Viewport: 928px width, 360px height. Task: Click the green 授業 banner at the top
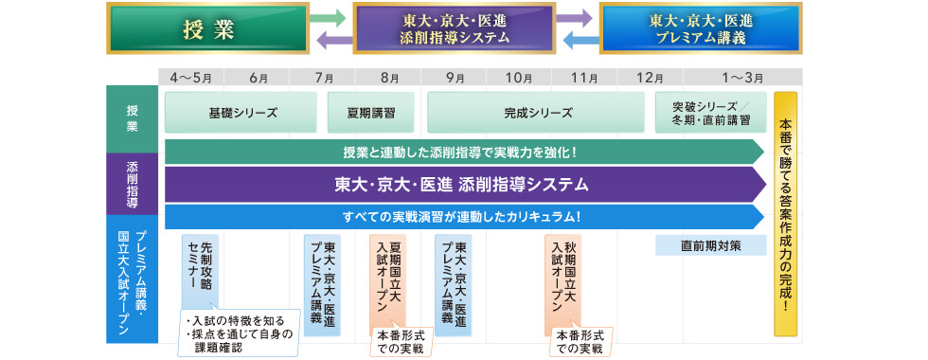click(x=207, y=27)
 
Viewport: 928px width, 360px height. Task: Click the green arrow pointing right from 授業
click(x=327, y=17)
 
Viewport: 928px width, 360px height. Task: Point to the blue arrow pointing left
click(x=580, y=39)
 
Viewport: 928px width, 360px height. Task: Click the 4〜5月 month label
click(x=191, y=76)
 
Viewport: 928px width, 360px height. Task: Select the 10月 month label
click(x=518, y=76)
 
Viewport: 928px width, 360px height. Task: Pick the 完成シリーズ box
click(x=538, y=112)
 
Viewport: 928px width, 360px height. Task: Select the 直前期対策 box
click(x=710, y=245)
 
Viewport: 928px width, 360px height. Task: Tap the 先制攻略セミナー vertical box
click(x=200, y=271)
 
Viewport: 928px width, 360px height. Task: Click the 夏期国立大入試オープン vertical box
click(x=387, y=279)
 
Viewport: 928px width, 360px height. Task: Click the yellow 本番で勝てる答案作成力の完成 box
click(x=786, y=214)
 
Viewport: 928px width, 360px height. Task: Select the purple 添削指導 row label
click(x=134, y=183)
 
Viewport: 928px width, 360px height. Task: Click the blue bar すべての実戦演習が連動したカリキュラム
click(x=464, y=216)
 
